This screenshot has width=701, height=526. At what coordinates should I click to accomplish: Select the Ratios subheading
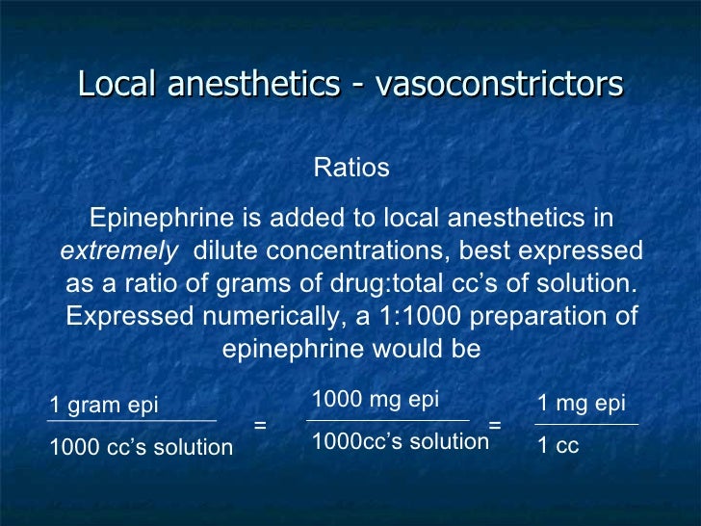point(351,168)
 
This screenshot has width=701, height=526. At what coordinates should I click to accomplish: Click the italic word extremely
point(119,251)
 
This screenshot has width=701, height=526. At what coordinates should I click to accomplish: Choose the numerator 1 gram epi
point(104,405)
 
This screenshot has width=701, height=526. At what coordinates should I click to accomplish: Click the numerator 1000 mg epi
point(376,400)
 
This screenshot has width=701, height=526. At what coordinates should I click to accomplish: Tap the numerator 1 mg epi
point(581,404)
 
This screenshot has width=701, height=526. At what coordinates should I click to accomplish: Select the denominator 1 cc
point(558,446)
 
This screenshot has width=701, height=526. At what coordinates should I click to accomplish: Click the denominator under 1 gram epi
point(141,447)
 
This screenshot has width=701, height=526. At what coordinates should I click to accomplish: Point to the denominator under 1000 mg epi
point(401,442)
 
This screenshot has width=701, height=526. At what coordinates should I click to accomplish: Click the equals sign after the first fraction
point(259,424)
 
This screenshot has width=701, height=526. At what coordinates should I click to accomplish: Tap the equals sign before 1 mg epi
point(495,424)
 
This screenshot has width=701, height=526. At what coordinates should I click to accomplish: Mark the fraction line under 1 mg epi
point(585,424)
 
